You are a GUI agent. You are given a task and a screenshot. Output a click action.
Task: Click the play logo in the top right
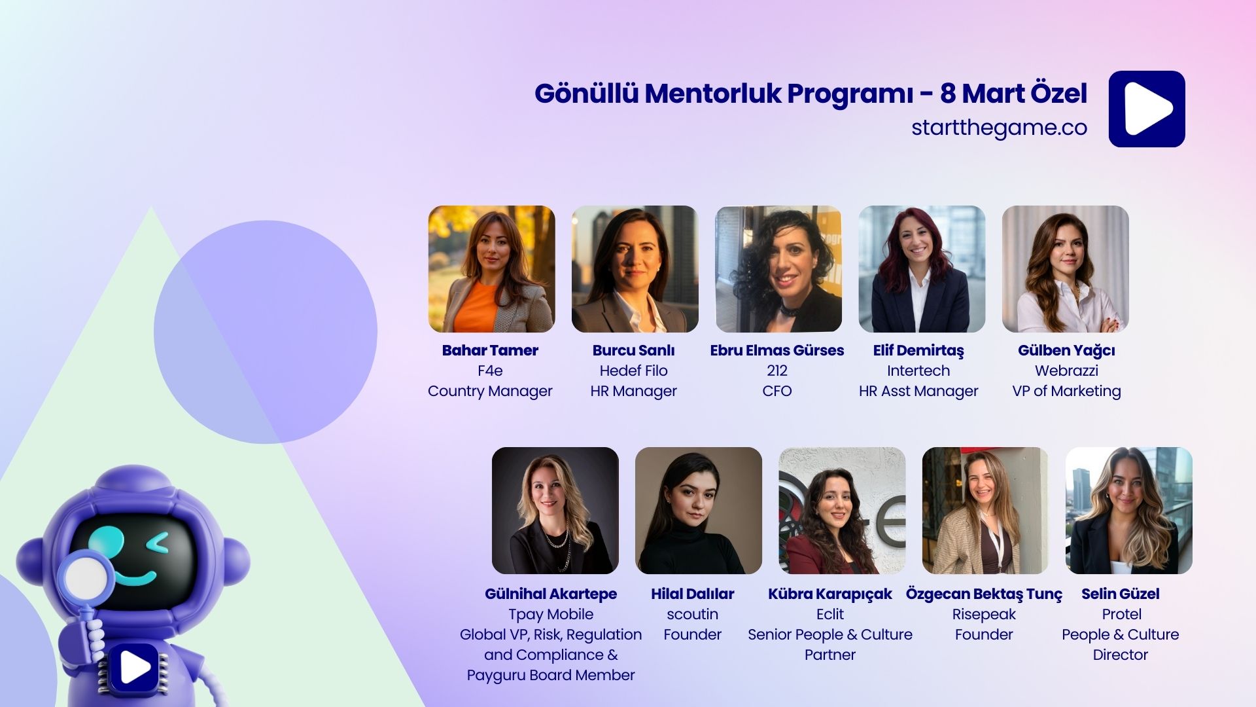click(1146, 109)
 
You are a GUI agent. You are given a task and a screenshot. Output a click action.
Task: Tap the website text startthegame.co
click(999, 128)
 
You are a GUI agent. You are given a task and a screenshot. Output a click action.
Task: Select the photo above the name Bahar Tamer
click(491, 269)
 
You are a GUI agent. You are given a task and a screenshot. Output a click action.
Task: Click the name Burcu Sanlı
click(633, 350)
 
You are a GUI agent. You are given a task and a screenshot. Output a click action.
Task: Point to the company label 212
click(776, 371)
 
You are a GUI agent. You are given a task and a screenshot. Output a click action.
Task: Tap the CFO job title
click(776, 391)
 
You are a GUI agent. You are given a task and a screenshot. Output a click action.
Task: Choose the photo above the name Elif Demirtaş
click(921, 269)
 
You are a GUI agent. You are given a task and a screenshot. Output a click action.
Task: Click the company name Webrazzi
click(1066, 371)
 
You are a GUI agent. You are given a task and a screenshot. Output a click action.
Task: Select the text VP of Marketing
click(1066, 391)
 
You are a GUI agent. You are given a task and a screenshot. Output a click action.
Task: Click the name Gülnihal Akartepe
click(551, 594)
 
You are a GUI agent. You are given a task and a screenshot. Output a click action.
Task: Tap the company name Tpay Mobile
click(551, 614)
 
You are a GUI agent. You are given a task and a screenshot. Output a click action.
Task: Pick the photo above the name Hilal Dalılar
click(698, 511)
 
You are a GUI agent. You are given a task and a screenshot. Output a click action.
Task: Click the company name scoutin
click(692, 614)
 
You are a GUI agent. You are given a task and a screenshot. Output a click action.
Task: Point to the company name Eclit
click(829, 614)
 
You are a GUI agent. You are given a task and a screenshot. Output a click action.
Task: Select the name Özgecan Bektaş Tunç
click(984, 594)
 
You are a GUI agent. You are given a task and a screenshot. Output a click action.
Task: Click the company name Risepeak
click(984, 614)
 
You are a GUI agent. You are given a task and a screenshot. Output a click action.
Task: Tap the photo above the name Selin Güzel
click(1128, 511)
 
